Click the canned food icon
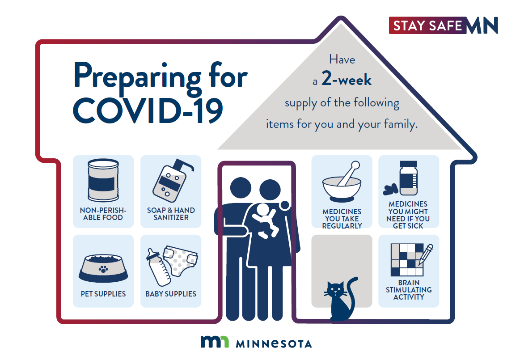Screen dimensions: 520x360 (103, 181)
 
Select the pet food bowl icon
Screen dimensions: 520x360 (103, 268)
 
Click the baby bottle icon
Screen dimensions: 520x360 (158, 267)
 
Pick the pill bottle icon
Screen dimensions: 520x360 (408, 178)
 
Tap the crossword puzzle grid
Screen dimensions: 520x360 (407, 260)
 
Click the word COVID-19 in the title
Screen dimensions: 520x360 (148, 110)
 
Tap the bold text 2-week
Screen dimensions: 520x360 (347, 79)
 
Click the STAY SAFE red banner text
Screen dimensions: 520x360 (427, 25)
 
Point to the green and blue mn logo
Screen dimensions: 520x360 (215, 342)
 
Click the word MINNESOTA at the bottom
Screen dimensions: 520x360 (274, 344)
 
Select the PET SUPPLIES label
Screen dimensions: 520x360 (103, 294)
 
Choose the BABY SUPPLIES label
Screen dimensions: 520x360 (171, 294)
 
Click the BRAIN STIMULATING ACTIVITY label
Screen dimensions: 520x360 (409, 290)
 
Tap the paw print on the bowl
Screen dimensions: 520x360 (103, 269)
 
